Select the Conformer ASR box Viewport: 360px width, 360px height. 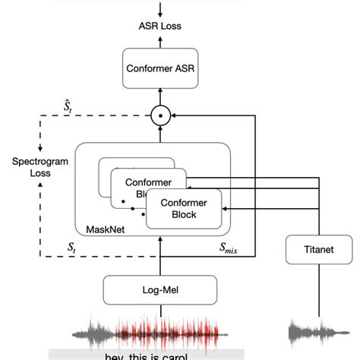click(160, 71)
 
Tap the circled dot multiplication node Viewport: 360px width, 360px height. click(160, 116)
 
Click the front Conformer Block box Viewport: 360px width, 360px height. click(182, 208)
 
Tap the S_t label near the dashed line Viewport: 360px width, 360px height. click(71, 248)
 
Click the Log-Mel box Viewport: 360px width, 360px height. click(160, 289)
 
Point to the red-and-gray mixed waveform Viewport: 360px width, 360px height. click(160, 332)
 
